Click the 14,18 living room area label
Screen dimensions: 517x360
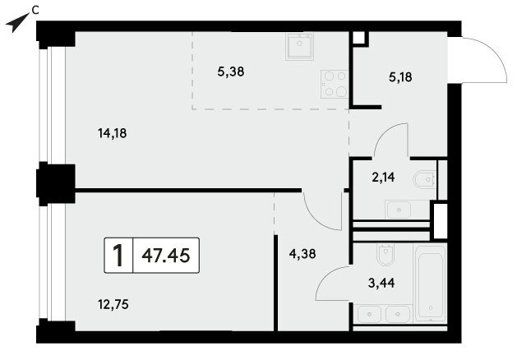(113, 133)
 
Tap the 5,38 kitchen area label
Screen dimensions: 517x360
(231, 72)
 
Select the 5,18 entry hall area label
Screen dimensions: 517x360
(400, 77)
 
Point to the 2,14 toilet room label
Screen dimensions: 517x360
(383, 178)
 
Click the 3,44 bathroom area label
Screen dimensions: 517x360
(381, 283)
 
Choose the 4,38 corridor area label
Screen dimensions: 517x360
(302, 253)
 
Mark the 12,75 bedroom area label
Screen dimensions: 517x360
(113, 304)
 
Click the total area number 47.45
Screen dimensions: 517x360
(166, 255)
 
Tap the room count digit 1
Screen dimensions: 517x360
(118, 256)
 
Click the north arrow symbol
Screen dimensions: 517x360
(16, 22)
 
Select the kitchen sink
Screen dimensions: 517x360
(299, 46)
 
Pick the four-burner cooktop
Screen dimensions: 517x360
(335, 84)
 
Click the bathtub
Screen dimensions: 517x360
(430, 283)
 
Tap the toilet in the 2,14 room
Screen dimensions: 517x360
(425, 179)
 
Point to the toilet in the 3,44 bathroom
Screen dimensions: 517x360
(385, 255)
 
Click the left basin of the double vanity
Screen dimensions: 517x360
(369, 314)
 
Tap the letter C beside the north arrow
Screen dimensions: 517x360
(35, 11)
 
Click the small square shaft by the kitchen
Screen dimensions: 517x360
(359, 38)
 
